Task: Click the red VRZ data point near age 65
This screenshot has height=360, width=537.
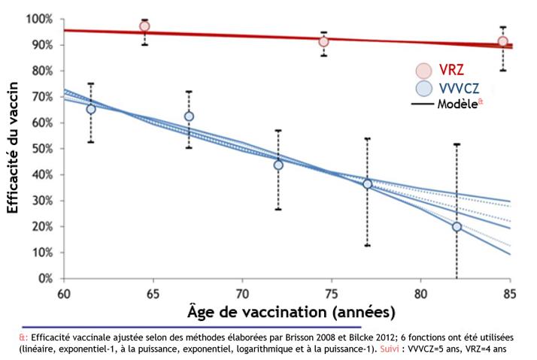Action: click(x=144, y=26)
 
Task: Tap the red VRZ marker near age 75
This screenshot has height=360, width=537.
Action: click(x=323, y=41)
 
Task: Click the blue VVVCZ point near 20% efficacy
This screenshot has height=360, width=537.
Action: click(x=457, y=226)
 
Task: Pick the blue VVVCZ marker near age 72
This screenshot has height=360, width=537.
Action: click(x=278, y=165)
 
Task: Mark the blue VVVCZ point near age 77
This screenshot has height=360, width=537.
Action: click(x=367, y=183)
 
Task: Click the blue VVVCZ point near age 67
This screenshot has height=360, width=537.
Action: click(x=189, y=116)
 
